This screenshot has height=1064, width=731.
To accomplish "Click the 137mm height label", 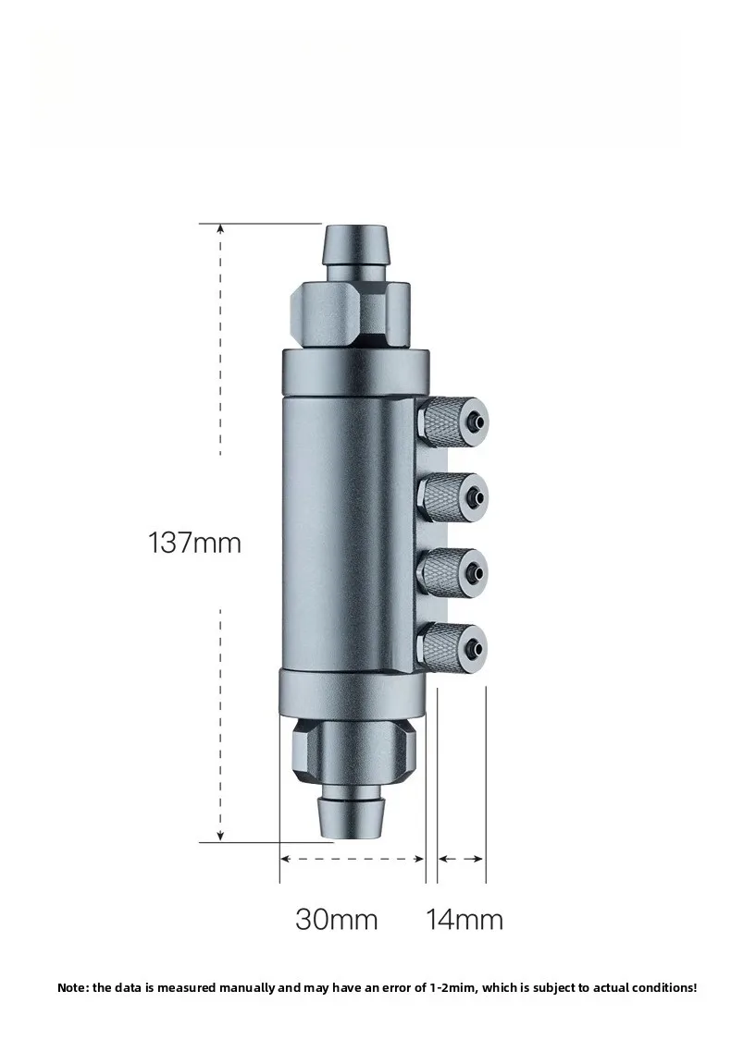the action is click(195, 543).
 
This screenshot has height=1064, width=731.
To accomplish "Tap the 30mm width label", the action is click(336, 920).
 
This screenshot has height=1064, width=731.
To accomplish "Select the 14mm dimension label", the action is click(465, 920).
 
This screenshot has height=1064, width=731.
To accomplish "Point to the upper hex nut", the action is click(350, 315).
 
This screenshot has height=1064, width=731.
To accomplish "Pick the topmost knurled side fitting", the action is click(453, 422).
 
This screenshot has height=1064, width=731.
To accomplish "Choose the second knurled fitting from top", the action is click(453, 499).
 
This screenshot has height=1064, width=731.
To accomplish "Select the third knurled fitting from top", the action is click(453, 573).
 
